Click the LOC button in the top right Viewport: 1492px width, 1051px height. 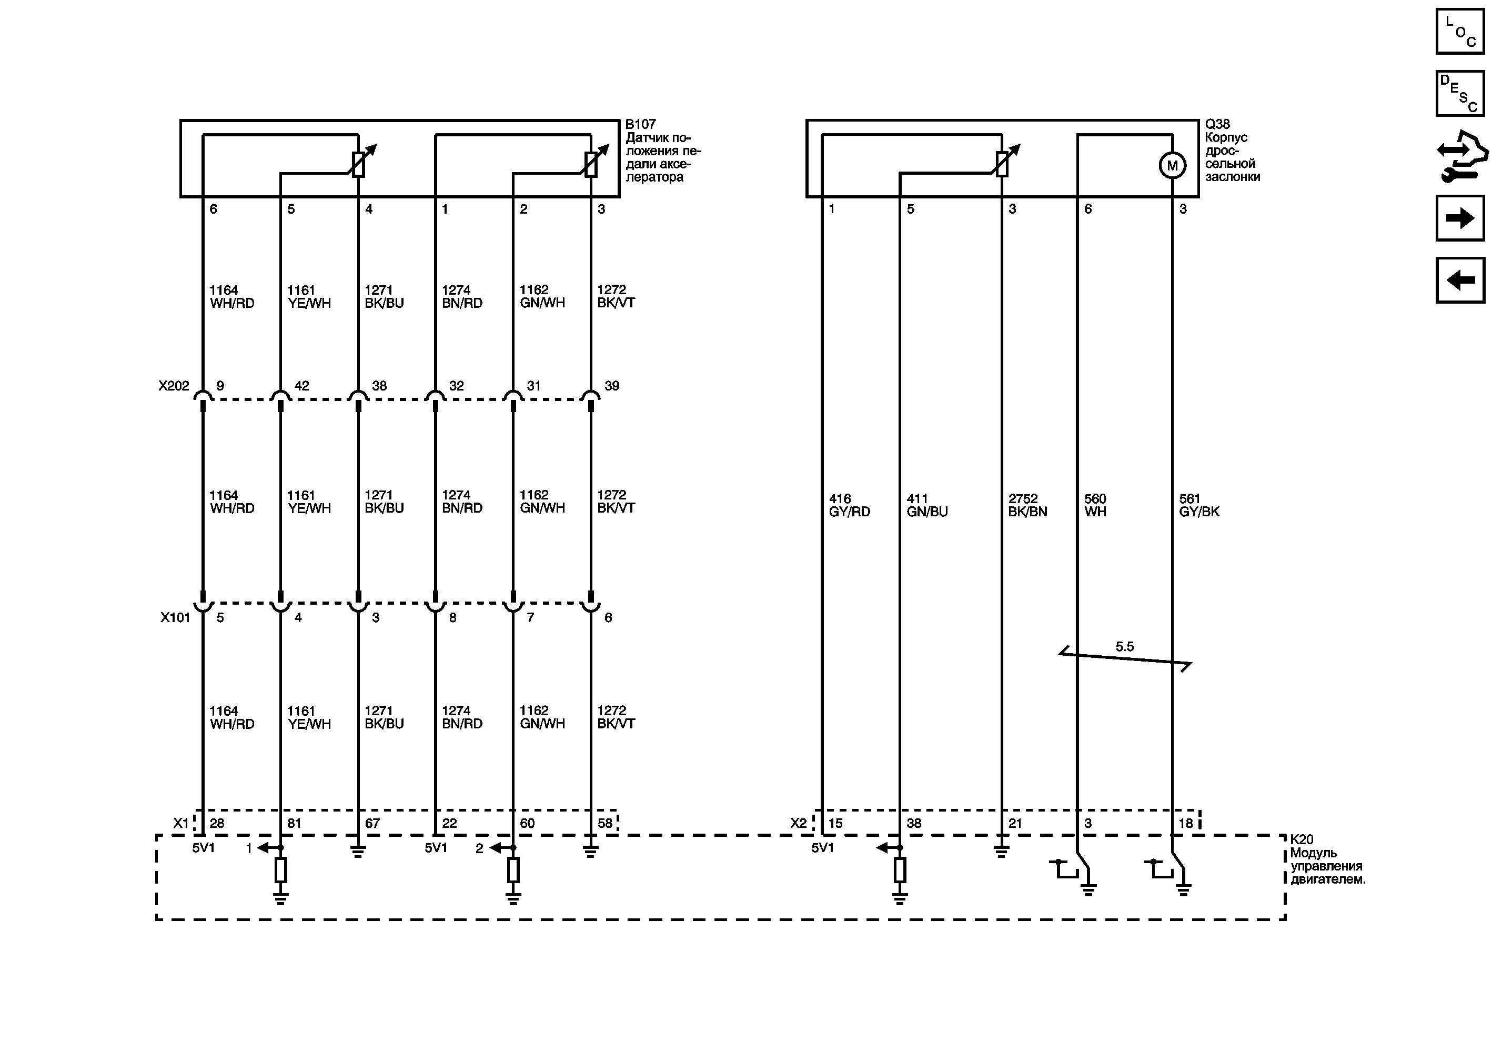click(x=1460, y=31)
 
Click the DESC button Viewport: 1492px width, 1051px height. click(x=1460, y=94)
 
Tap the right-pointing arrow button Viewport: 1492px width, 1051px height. click(x=1460, y=218)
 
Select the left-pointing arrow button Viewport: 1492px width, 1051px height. click(x=1460, y=280)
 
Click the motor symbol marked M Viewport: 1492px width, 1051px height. click(x=1172, y=165)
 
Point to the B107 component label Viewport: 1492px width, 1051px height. click(x=641, y=124)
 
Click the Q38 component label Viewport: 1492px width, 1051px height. click(x=1217, y=124)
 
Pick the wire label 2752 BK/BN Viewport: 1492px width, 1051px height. click(x=1027, y=505)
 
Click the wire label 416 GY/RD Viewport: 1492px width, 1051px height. click(x=849, y=505)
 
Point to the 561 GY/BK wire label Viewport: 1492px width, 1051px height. click(x=1199, y=505)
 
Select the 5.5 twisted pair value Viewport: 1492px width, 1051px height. click(x=1125, y=647)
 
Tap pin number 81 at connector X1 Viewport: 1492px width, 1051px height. click(x=295, y=824)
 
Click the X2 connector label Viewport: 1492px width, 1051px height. click(x=799, y=824)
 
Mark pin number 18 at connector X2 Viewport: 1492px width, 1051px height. click(x=1186, y=824)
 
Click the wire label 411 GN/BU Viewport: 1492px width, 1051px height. click(x=926, y=505)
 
